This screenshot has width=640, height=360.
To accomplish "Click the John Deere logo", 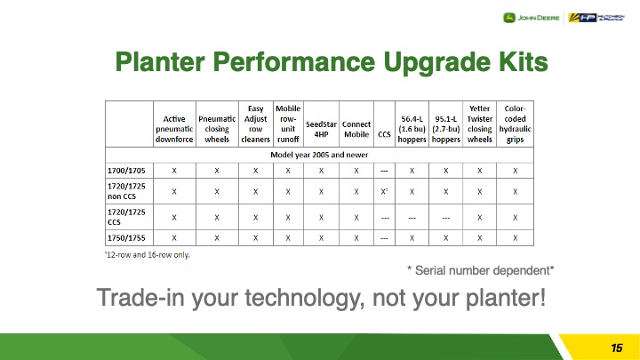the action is click(x=531, y=18).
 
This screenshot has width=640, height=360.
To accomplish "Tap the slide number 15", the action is click(x=616, y=348).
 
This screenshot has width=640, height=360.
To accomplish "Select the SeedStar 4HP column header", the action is click(x=321, y=129).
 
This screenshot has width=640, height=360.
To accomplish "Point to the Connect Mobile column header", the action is click(x=356, y=129).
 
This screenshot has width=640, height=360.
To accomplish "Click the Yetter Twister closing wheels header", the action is click(x=480, y=124).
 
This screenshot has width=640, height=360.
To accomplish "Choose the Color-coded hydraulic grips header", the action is click(x=515, y=124).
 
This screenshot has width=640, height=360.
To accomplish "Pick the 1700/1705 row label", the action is click(x=126, y=171).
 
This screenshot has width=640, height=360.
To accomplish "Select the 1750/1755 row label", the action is click(x=126, y=238).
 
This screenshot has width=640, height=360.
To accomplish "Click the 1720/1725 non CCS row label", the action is click(x=126, y=191).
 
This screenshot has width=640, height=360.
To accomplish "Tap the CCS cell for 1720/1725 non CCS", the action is click(x=384, y=191).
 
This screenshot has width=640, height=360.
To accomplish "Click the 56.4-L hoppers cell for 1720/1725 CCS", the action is click(x=412, y=218).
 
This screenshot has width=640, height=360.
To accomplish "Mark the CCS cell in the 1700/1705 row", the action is click(x=384, y=171).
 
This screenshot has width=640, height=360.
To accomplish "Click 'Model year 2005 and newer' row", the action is click(x=319, y=155).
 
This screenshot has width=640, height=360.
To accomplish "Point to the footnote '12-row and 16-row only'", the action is click(x=148, y=255).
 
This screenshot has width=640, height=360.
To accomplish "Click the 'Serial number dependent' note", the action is click(x=480, y=270).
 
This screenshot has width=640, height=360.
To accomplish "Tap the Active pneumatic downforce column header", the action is click(x=174, y=129).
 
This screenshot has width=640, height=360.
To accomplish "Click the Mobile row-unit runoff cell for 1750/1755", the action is click(x=288, y=238).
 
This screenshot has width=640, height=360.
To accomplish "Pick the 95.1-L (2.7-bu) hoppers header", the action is click(x=445, y=129).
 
